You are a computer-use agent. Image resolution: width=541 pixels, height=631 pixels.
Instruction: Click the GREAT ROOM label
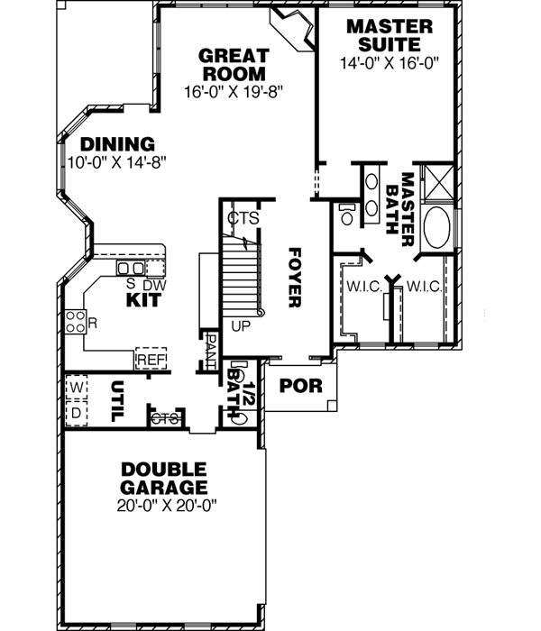click(x=234, y=64)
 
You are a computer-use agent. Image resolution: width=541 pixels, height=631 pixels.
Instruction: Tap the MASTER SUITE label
click(x=389, y=35)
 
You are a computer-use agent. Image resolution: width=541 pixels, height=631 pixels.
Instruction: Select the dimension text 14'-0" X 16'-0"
click(x=389, y=64)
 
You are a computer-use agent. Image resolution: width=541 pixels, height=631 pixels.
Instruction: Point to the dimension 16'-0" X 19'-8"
click(x=233, y=92)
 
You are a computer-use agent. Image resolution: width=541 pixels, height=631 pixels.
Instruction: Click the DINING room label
click(x=117, y=144)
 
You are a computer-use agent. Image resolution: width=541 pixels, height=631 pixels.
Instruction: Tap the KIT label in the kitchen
click(x=142, y=299)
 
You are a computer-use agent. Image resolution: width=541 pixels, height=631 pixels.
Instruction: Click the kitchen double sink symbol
click(x=131, y=269)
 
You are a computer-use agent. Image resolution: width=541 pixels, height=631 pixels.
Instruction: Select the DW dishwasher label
click(x=155, y=285)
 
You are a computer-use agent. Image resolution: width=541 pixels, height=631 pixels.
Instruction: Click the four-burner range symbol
click(x=74, y=321)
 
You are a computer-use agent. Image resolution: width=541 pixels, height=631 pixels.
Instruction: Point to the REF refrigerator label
click(x=151, y=360)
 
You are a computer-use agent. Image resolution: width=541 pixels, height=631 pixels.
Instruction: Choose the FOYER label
click(x=293, y=278)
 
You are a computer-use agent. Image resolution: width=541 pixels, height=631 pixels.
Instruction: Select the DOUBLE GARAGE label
click(x=163, y=478)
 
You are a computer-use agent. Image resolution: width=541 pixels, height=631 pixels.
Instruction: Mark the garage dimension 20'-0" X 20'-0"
click(x=163, y=507)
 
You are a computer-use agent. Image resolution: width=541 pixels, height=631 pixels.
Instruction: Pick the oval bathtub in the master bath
click(x=439, y=228)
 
